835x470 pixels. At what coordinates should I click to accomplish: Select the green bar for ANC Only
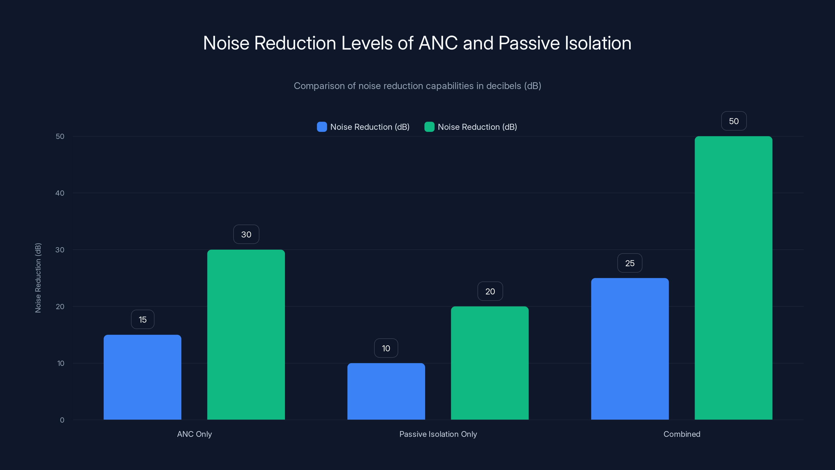246,334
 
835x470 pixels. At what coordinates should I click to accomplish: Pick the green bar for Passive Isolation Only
490,363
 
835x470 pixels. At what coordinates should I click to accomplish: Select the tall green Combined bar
733,278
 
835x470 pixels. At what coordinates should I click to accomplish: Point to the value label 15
143,320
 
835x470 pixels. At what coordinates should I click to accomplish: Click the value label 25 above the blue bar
630,263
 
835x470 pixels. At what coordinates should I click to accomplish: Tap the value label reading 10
386,348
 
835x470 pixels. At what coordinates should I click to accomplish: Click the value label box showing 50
734,121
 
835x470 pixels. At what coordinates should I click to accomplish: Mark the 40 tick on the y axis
60,193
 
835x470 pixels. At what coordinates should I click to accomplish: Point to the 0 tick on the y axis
62,420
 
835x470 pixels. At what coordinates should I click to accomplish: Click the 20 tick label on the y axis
60,307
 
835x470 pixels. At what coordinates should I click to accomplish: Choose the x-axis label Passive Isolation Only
438,434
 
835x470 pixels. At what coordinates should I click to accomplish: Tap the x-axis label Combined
682,434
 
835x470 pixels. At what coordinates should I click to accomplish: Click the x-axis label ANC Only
194,434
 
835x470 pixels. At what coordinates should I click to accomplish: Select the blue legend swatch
321,127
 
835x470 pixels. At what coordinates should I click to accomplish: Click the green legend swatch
429,127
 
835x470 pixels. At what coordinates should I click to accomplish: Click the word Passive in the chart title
529,43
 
